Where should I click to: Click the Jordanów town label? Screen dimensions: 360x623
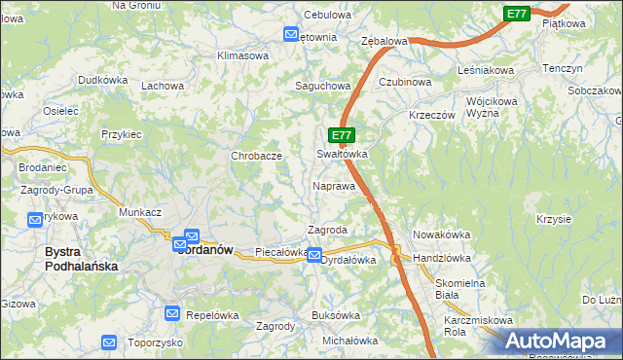(x=206, y=250)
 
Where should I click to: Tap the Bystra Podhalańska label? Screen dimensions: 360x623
(x=81, y=259)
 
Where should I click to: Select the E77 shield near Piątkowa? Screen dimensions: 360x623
(x=517, y=14)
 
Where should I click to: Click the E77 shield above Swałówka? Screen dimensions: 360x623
(x=341, y=136)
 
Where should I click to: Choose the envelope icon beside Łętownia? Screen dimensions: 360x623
(x=291, y=35)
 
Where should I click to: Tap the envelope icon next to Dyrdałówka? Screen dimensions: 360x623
(x=314, y=255)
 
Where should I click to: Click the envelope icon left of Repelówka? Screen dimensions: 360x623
(x=172, y=313)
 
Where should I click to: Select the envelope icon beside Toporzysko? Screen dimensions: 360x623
(x=108, y=342)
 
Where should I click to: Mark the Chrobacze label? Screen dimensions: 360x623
(x=256, y=156)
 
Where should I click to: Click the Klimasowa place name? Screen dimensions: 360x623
(x=243, y=55)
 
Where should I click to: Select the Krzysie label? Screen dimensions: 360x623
(x=553, y=219)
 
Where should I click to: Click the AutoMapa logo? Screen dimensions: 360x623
(x=554, y=341)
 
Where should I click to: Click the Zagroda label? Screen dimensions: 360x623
(x=328, y=230)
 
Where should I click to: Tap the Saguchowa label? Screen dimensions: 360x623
(x=323, y=86)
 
